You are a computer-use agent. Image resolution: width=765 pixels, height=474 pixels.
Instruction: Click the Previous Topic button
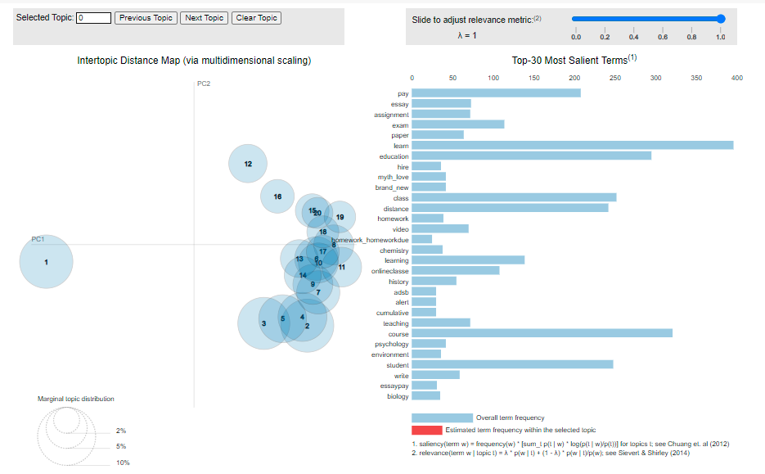point(146,17)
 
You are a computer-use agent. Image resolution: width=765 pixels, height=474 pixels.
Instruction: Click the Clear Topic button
point(256,17)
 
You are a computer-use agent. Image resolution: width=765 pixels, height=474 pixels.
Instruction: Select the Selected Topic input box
point(93,17)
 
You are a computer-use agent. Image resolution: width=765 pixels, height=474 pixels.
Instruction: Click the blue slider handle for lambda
point(720,18)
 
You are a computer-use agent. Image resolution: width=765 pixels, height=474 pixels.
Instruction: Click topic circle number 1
point(46,262)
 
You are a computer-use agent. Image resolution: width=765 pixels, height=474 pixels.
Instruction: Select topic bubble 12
point(248,164)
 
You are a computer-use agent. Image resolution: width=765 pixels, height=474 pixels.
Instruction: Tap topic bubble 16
point(277,196)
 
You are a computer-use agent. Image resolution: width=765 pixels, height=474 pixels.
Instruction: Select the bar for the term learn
point(572,146)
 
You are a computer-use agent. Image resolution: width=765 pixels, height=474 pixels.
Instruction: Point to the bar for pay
point(496,93)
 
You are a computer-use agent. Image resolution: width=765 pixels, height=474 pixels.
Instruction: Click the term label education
point(394,156)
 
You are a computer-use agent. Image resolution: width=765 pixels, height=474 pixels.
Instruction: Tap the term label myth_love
point(393,177)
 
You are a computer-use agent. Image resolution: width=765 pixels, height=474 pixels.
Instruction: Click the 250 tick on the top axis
point(615,78)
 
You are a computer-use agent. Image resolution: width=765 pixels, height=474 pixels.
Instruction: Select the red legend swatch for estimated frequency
point(426,430)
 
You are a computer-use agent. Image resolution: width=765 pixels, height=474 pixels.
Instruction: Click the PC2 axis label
point(204,84)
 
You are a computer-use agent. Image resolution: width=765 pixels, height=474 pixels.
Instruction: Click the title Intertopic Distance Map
point(194,61)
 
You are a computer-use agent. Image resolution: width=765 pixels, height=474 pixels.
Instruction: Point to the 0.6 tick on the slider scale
point(663,37)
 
